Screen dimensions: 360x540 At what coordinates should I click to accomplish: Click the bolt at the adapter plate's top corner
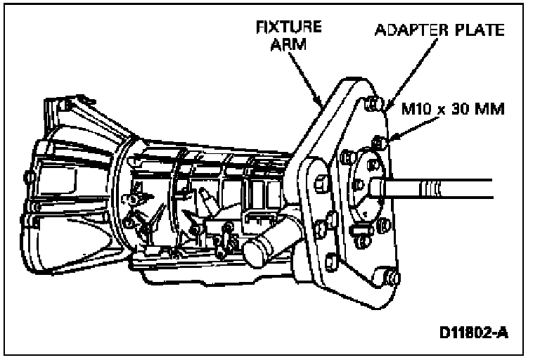[373, 104]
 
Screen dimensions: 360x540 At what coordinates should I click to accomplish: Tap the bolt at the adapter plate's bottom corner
[392, 279]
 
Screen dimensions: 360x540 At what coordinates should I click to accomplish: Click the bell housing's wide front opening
[53, 176]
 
